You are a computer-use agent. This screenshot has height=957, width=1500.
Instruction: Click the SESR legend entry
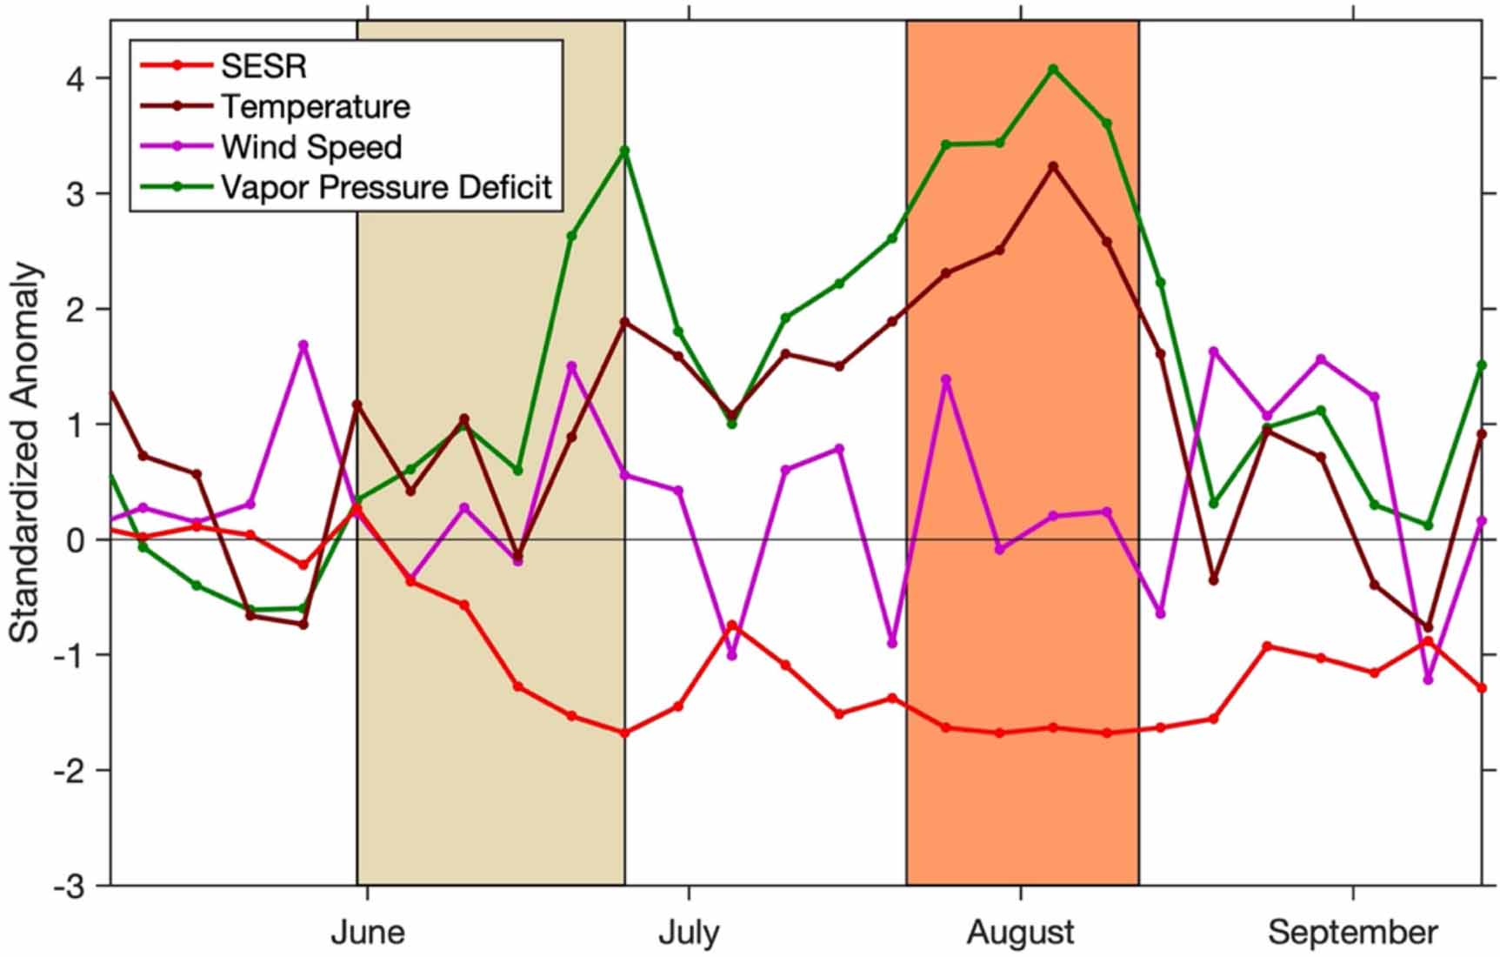coord(263,65)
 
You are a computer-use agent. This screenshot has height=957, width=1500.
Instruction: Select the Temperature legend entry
coord(315,106)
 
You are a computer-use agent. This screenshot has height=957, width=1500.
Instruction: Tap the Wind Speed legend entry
coord(311,147)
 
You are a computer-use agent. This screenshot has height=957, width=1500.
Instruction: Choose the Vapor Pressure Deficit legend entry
coord(386,187)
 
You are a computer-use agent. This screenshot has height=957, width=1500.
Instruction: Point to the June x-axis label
coord(368,933)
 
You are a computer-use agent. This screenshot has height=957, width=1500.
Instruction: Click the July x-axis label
coord(689,933)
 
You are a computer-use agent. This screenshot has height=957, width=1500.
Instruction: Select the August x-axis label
coord(1020,933)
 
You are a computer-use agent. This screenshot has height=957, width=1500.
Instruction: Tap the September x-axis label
coord(1353,933)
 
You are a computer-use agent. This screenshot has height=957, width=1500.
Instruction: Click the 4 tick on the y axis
coord(77,78)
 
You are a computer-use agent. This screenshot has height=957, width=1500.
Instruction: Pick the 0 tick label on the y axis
coord(77,539)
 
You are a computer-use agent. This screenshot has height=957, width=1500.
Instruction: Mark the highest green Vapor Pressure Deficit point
coord(1053,69)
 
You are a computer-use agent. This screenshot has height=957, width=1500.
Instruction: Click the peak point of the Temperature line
coord(1053,165)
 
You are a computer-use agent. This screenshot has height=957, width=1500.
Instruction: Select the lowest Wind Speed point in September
coord(1428,679)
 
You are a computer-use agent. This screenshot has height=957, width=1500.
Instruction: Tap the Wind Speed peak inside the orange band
coord(946,379)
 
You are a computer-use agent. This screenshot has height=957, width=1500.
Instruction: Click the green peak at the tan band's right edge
coord(624,151)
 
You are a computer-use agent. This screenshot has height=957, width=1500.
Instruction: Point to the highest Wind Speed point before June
coord(303,345)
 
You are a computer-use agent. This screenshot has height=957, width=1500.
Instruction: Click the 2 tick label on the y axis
coord(77,309)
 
